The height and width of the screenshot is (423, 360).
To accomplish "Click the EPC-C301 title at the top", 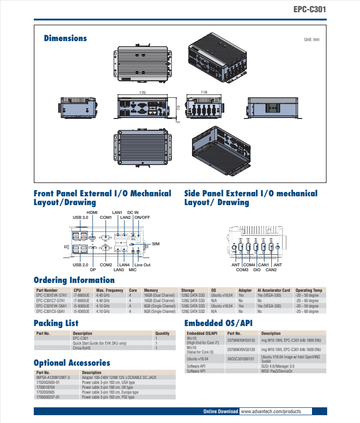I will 310,9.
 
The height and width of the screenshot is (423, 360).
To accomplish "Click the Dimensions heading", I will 65,38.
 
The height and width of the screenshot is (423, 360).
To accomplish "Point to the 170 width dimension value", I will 142,92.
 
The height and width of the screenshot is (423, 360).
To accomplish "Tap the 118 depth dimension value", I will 204,92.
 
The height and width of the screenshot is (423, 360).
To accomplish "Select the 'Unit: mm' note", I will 312,39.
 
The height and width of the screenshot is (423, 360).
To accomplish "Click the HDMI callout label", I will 92,212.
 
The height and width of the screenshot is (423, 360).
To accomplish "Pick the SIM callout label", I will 156,243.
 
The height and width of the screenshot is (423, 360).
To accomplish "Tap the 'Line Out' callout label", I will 143,265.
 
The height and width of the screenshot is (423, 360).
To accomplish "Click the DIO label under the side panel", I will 257,269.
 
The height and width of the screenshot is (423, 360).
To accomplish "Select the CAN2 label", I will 271,269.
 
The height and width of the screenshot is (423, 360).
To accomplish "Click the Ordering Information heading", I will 74,281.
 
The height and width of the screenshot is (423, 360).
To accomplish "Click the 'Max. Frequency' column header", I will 110,290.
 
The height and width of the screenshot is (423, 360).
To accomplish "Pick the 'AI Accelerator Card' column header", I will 273,290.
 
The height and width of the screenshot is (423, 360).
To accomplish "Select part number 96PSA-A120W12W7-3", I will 53,378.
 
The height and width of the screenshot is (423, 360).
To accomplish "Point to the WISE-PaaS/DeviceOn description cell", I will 277,372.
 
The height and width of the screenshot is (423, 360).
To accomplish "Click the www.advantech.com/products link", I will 270,411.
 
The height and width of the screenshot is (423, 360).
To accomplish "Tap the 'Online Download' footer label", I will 220,411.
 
